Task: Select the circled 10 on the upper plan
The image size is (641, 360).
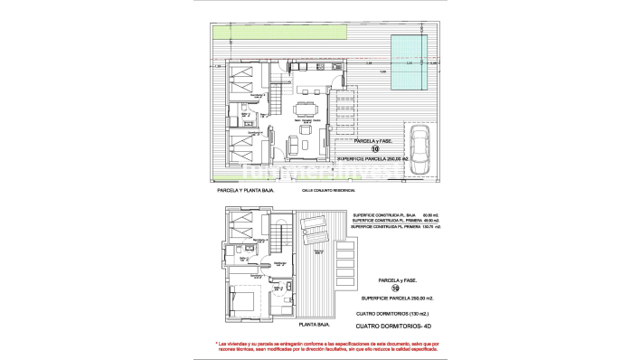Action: pyautogui.click(x=362, y=149)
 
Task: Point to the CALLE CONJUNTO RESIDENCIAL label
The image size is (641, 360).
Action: pyautogui.click(x=328, y=191)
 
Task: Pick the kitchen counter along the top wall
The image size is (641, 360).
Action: pyautogui.click(x=312, y=67)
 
